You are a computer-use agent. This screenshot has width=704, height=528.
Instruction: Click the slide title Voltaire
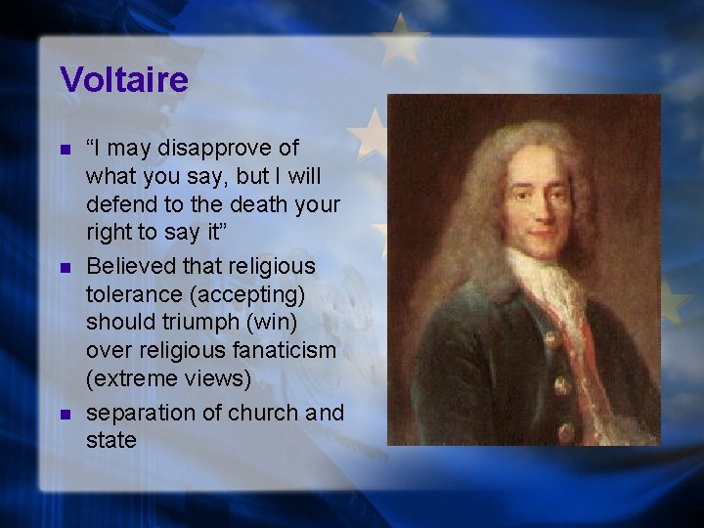coord(123,79)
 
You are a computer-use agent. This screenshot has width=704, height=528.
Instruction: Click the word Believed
coord(126,266)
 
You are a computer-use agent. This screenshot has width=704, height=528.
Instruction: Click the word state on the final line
coord(110,441)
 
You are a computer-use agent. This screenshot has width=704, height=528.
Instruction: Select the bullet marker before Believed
coord(65,267)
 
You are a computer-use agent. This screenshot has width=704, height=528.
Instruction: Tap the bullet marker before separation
coord(65,415)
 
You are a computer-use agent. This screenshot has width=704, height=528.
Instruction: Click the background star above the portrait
coord(402,39)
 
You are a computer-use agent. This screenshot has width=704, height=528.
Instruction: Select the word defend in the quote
coord(119,205)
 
